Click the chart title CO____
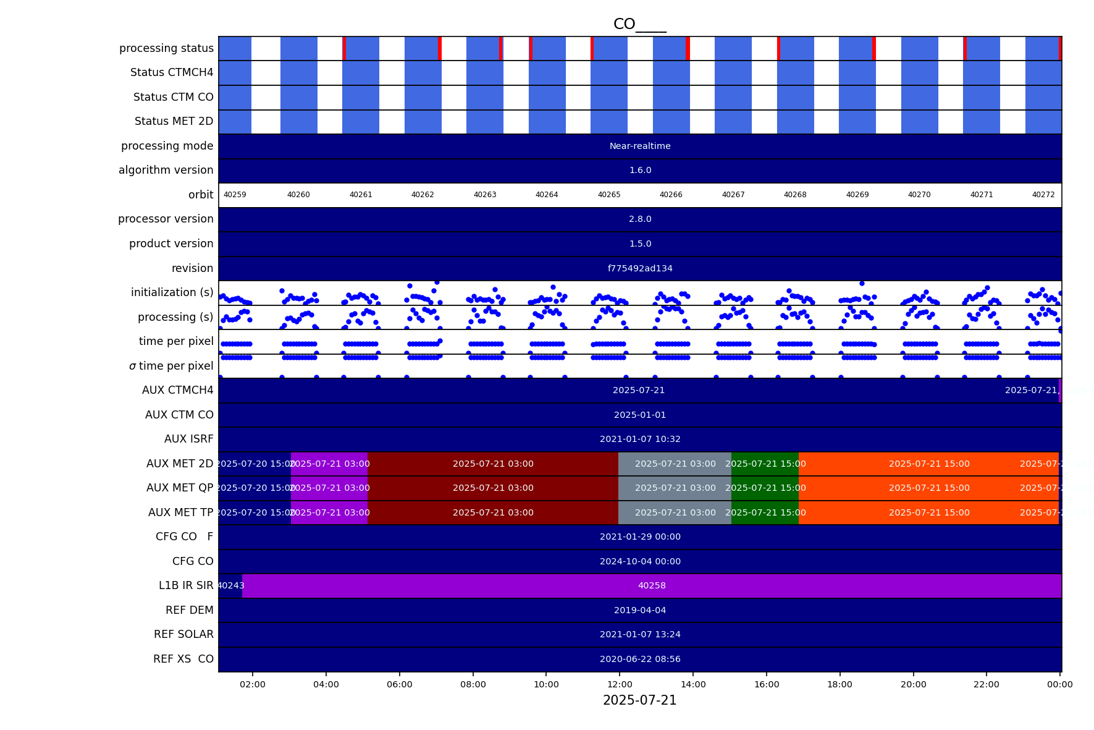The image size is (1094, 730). (639, 24)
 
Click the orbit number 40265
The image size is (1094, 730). (608, 195)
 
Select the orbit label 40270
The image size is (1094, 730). (919, 195)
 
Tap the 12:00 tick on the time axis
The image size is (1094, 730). (620, 684)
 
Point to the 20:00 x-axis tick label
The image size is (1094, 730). (913, 684)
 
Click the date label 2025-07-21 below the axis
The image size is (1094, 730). (639, 700)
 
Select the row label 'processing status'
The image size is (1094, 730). (166, 48)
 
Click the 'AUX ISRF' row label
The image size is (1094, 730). (188, 439)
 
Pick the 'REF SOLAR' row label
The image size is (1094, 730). (183, 634)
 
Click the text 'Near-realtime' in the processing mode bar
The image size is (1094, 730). (640, 146)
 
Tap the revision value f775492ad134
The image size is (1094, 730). (640, 268)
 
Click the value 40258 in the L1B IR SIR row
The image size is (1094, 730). (652, 585)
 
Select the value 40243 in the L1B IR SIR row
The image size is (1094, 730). (230, 585)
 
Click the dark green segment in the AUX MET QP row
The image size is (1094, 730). (765, 488)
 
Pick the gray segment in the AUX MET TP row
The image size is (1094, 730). (675, 512)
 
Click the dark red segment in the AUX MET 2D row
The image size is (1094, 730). (493, 464)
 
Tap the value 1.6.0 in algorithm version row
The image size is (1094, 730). (640, 170)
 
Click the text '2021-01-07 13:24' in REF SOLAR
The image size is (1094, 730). (640, 634)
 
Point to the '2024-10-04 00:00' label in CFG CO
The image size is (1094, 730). (640, 561)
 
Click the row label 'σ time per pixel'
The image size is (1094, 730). (171, 366)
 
